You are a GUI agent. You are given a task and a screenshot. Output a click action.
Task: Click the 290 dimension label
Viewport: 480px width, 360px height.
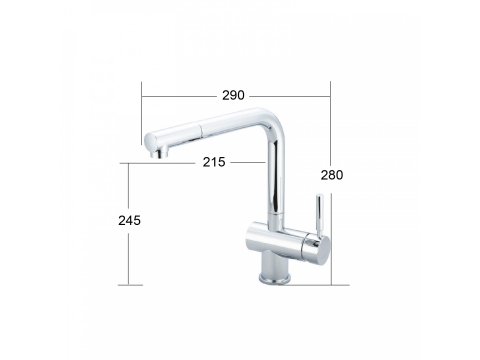coord(233,95)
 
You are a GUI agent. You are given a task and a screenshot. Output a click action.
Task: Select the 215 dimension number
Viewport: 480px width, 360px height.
coord(214,162)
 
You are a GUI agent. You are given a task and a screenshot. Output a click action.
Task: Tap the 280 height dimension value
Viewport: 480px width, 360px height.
coord(332,175)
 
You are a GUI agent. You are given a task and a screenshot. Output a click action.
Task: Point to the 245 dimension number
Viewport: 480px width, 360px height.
coord(129,220)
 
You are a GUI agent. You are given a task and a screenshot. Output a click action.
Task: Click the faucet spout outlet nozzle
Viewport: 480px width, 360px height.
coord(160,154)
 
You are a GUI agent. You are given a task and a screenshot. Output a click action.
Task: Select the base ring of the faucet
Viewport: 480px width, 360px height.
coord(275,279)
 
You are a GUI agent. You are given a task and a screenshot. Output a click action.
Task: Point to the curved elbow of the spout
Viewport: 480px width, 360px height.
coord(272,122)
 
